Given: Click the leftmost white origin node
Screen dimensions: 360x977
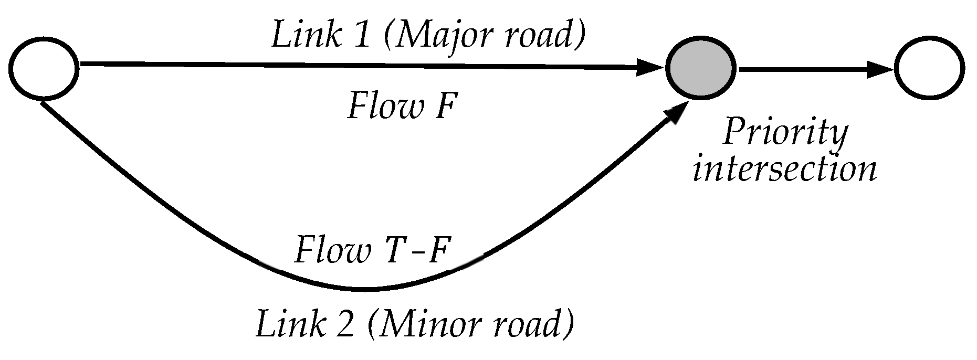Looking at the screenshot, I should [45, 69].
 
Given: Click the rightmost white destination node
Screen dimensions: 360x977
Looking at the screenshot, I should [930, 69].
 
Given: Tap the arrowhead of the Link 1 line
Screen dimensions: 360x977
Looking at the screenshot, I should [650, 67].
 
